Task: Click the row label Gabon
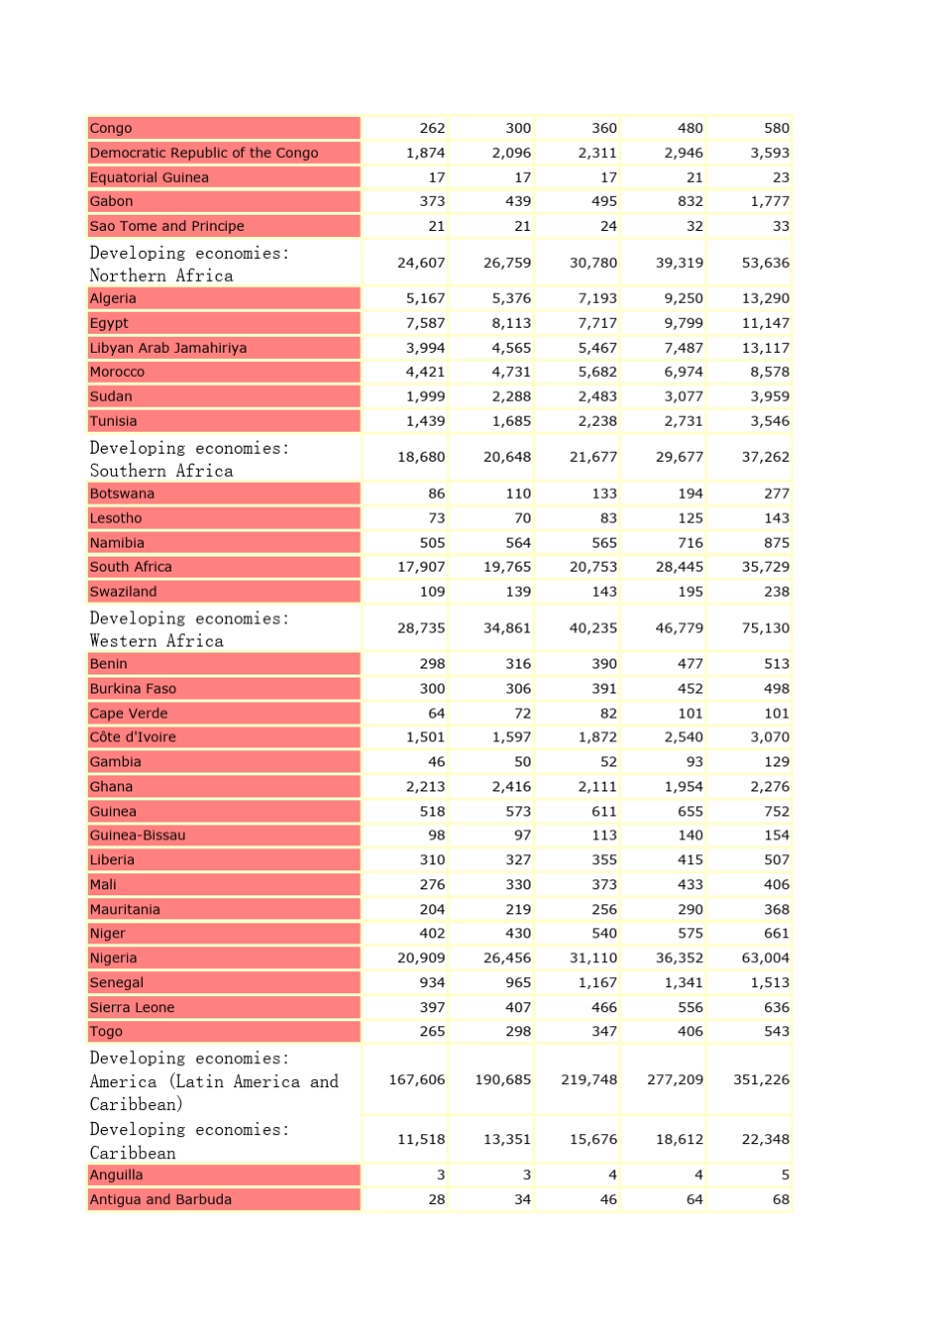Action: point(112,202)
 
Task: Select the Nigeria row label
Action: point(114,958)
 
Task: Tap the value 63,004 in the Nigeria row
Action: point(765,958)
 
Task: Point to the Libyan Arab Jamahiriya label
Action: point(168,348)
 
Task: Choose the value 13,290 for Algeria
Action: point(765,299)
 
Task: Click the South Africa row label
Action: point(131,568)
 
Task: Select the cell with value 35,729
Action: point(765,568)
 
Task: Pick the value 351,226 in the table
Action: point(761,1080)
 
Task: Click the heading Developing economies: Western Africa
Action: point(190,630)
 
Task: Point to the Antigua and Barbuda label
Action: point(161,1200)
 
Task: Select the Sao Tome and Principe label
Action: point(167,227)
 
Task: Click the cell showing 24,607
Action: point(421,264)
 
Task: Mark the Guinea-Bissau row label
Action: point(138,835)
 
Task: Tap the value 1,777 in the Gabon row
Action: point(769,202)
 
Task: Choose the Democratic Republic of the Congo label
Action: point(204,153)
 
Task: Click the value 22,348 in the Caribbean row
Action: point(765,1140)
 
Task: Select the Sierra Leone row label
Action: point(132,1008)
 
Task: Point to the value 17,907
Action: point(421,568)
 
